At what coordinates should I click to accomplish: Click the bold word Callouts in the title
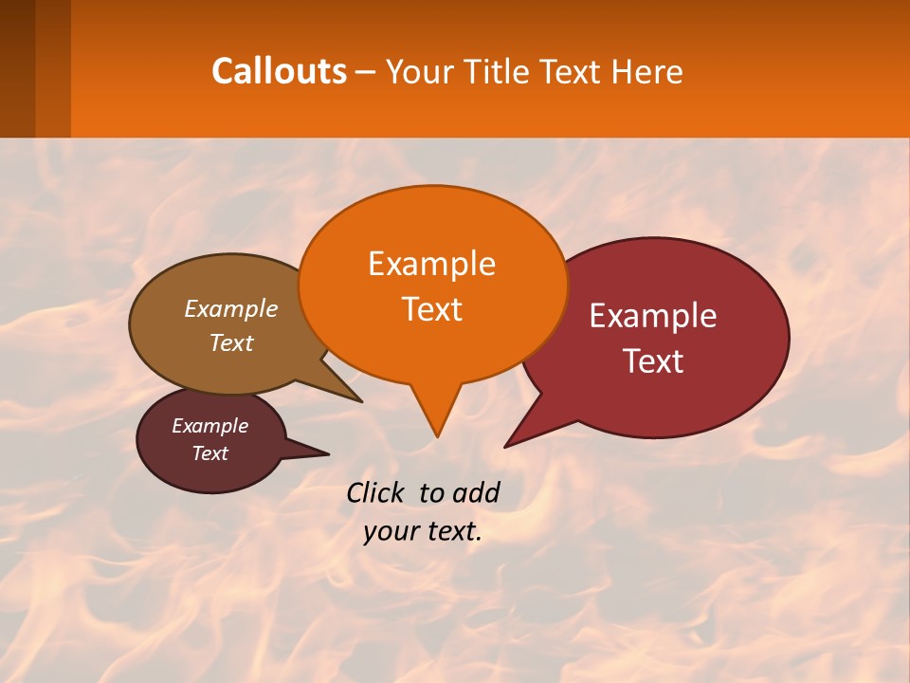(x=279, y=71)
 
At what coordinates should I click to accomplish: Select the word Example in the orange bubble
(x=431, y=264)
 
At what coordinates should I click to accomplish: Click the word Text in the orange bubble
(x=431, y=309)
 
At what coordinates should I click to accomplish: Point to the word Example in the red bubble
(x=653, y=316)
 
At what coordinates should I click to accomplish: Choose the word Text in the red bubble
(x=653, y=361)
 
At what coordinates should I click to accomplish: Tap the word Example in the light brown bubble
(x=230, y=308)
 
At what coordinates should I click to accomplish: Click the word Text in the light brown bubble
(x=230, y=342)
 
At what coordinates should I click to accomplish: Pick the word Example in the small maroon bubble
(x=209, y=426)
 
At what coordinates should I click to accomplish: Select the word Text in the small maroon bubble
(x=209, y=453)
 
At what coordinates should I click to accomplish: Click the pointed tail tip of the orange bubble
(x=437, y=435)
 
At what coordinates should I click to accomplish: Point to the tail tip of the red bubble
(x=506, y=446)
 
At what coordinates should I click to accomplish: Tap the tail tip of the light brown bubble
(x=361, y=401)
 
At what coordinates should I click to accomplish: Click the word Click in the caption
(x=377, y=492)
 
